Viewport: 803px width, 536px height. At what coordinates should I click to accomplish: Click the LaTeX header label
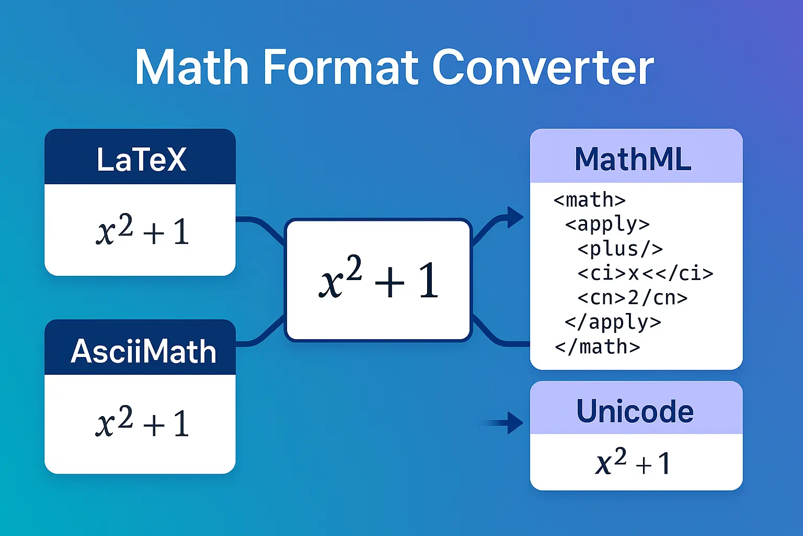pos(141,159)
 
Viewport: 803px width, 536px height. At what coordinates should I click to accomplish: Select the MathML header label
pos(633,159)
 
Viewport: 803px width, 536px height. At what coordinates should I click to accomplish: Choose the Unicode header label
pos(635,411)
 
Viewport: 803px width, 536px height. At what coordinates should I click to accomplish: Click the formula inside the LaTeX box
pos(142,230)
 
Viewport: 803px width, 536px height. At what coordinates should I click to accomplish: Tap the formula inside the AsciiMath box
pos(142,422)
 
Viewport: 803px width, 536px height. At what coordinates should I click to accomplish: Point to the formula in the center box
pos(378,280)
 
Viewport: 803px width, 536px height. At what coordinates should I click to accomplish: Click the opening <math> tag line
pos(589,200)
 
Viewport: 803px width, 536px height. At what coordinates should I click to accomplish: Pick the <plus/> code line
pos(620,249)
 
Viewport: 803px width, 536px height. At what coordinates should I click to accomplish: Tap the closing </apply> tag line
pos(613,322)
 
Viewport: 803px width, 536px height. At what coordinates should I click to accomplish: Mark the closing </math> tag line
pos(597,347)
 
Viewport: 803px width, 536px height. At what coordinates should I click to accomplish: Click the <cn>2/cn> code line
pos(632,297)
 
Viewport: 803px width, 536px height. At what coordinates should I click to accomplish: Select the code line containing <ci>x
pos(645,273)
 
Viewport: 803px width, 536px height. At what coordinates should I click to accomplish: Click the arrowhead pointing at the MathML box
pos(514,217)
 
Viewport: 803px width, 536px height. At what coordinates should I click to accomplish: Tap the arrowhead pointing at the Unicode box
pos(514,422)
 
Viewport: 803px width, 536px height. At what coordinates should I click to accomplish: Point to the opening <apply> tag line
pos(607,224)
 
